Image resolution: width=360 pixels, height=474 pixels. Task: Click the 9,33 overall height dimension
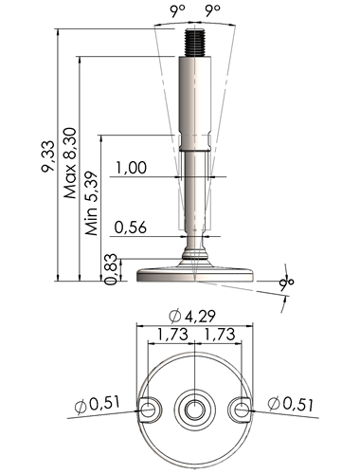tap(47, 156)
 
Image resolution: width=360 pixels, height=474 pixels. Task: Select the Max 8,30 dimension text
tap(70, 163)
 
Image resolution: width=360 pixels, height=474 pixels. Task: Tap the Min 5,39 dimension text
tap(91, 204)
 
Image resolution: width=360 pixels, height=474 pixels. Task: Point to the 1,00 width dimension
tap(131, 167)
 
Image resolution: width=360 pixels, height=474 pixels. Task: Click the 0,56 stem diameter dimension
tap(131, 228)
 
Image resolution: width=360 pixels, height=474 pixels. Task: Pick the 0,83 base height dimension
tap(111, 269)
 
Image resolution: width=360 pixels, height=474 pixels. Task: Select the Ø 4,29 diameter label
tap(192, 316)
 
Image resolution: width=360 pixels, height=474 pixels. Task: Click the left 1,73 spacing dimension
tap(172, 334)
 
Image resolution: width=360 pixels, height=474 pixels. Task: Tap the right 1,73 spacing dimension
tap(220, 334)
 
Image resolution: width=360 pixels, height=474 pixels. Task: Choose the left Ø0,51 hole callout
tap(98, 405)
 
